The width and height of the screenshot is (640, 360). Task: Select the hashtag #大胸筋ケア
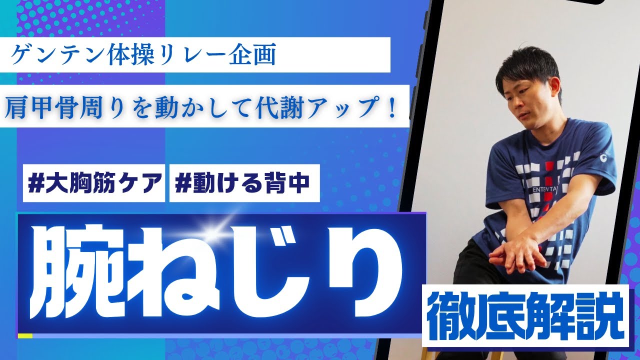click(x=93, y=184)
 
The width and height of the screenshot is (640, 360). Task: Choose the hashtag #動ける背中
click(x=244, y=184)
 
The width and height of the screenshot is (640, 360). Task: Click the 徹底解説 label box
click(x=525, y=315)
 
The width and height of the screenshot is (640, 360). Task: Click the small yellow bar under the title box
click(x=25, y=335)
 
